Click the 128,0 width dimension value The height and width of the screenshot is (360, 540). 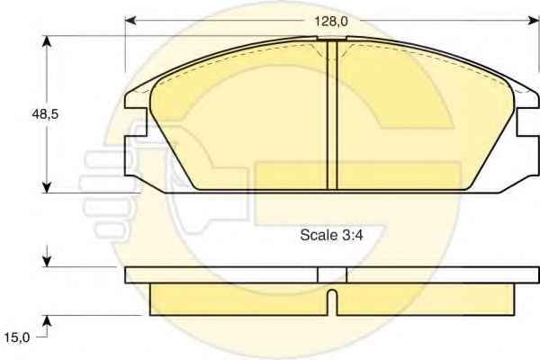point(331,22)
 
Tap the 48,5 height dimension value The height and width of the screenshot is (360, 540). point(45,114)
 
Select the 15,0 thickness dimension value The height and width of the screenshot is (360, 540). point(17,337)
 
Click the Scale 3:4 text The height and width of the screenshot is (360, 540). point(331,235)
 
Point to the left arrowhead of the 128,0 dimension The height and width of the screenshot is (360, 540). point(130,21)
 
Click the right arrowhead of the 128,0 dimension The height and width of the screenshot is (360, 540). point(534,21)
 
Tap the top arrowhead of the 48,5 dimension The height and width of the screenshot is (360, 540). point(47,41)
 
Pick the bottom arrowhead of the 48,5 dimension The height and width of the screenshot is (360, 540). point(47,187)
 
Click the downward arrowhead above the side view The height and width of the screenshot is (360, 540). point(47,261)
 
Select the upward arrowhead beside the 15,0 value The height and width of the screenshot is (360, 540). point(47,321)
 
